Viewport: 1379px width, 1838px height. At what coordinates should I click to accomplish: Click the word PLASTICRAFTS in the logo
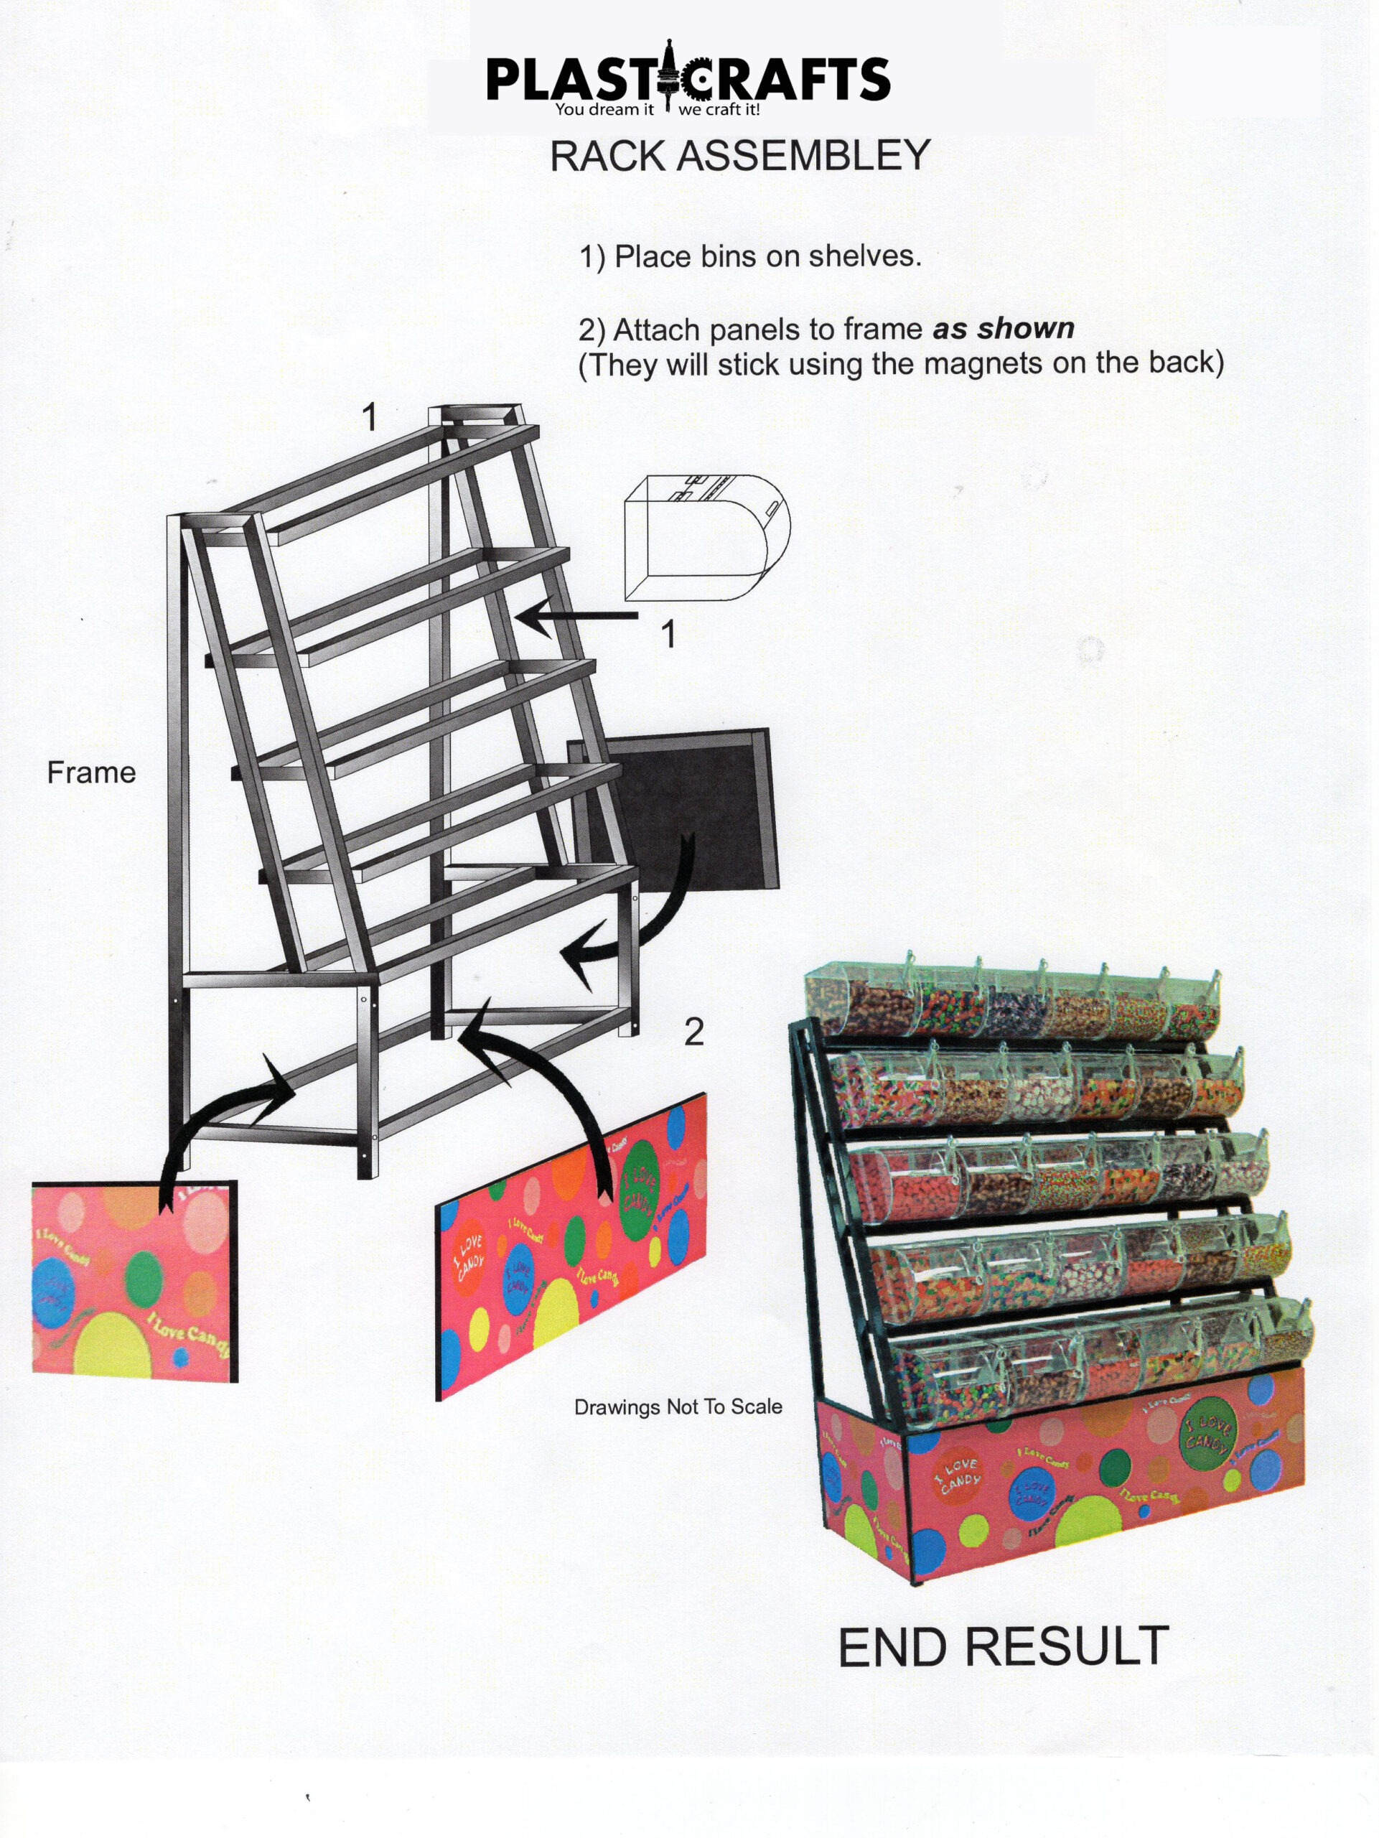tap(688, 79)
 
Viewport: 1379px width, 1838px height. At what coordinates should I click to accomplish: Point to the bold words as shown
tap(1004, 328)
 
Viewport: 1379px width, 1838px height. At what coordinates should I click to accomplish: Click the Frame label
tap(91, 772)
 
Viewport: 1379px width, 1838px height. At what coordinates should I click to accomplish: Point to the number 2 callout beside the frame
tap(693, 1031)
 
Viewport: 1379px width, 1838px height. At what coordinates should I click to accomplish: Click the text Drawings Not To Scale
tap(678, 1407)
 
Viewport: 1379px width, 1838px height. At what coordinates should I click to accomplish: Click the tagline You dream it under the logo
tap(604, 110)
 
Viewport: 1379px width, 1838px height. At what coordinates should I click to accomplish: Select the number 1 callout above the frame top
tap(370, 416)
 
